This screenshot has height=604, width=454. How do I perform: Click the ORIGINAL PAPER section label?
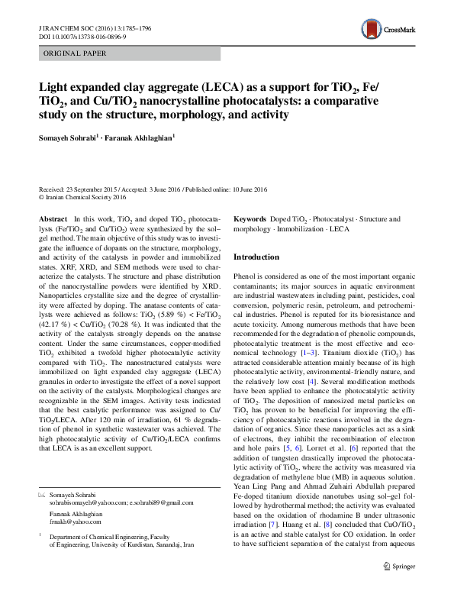(63, 54)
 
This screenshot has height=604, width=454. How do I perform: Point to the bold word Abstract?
(53, 219)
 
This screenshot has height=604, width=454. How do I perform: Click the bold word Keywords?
(253, 219)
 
